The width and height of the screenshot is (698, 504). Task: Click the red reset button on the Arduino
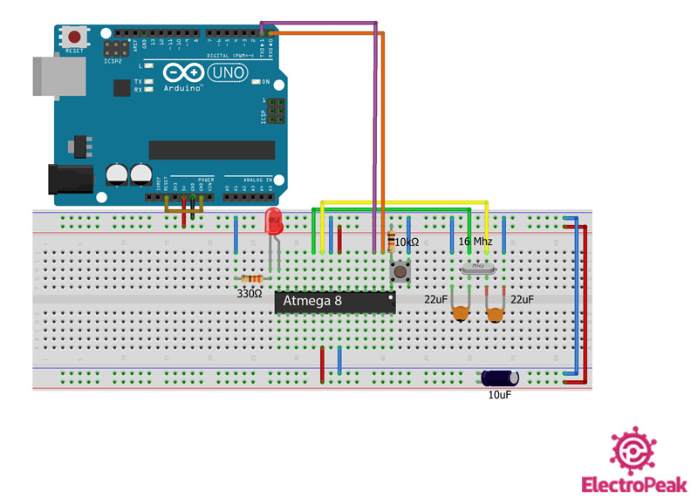pos(76,37)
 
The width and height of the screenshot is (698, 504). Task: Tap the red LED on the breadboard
pos(274,224)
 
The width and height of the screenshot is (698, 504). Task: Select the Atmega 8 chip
pos(334,302)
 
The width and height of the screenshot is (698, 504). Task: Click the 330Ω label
pos(250,294)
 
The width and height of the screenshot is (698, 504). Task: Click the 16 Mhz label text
pos(476,242)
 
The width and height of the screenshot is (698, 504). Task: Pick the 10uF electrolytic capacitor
pos(501,378)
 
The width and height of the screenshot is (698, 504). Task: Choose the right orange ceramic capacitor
pos(496,314)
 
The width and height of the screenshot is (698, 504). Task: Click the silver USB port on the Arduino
pos(54,76)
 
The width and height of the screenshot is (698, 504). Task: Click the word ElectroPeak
pos(633,486)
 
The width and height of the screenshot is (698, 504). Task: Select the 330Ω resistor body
pos(252,279)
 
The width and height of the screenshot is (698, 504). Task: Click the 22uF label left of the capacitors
pos(436,299)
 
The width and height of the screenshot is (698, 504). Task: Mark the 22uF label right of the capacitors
pos(522,299)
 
